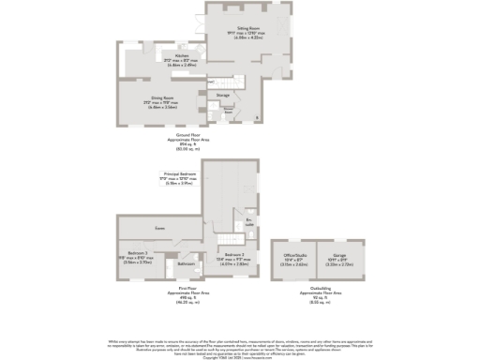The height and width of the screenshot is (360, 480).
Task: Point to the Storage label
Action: pyautogui.click(x=223, y=95)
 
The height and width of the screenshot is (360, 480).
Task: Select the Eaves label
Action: pyautogui.click(x=160, y=228)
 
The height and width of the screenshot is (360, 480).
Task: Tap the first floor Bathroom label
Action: pyautogui.click(x=186, y=263)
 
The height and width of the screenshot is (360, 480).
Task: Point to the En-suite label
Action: pyautogui.click(x=249, y=224)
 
